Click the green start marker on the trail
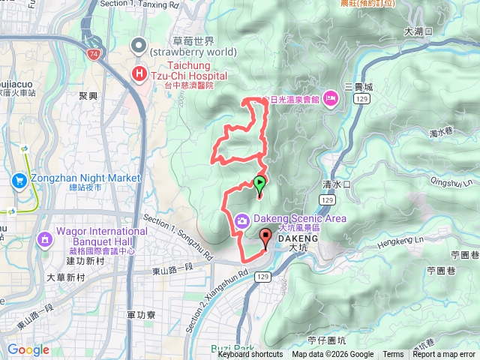[x=259, y=182]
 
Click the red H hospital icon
[x=139, y=73]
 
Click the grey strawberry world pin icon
[x=139, y=46]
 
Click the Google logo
[x=28, y=349]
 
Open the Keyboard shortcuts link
[x=250, y=355]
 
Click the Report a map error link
[x=444, y=355]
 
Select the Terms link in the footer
[x=393, y=355]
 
